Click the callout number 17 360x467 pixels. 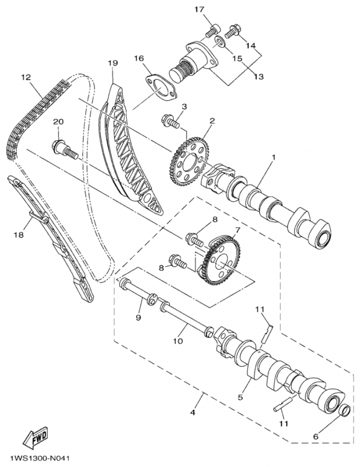tap(200, 9)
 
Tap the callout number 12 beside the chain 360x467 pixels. tap(25, 77)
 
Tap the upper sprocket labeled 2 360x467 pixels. tap(188, 158)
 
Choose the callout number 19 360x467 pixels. tap(113, 62)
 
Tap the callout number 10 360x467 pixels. tap(179, 340)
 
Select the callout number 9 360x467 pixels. tap(138, 318)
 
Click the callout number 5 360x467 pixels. tap(240, 397)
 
